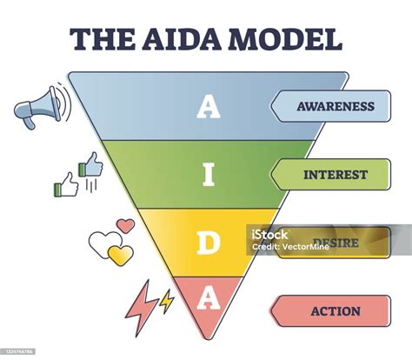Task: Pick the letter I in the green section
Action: [x=206, y=174]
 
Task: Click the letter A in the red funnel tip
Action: [x=206, y=298]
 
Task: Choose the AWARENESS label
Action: [x=335, y=107]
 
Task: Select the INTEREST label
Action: [x=335, y=175]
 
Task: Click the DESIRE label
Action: [x=335, y=243]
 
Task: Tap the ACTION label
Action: [x=335, y=310]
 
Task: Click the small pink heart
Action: [x=126, y=226]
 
